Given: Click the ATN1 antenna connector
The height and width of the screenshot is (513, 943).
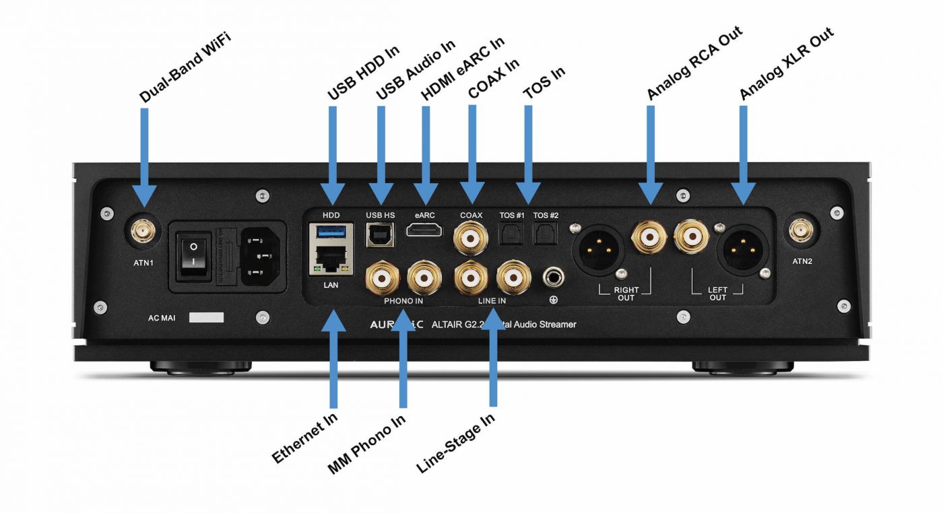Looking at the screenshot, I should click(143, 233).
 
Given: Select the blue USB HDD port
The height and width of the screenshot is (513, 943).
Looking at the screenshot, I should click(331, 232).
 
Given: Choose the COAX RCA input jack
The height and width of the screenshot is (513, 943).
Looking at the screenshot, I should click(471, 236).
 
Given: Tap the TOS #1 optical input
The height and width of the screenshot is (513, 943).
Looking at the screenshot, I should click(511, 234).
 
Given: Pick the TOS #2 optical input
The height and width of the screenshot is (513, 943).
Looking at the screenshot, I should click(545, 234).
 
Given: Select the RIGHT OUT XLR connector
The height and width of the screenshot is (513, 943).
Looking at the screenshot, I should click(598, 248).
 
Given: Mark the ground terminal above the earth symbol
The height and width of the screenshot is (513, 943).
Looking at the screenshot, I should click(554, 277).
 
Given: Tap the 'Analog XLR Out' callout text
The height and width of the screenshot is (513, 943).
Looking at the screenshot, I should click(787, 65).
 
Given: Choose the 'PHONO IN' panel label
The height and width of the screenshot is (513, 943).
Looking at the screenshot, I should click(403, 300).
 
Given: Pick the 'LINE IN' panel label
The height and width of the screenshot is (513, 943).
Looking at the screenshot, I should click(492, 300).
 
